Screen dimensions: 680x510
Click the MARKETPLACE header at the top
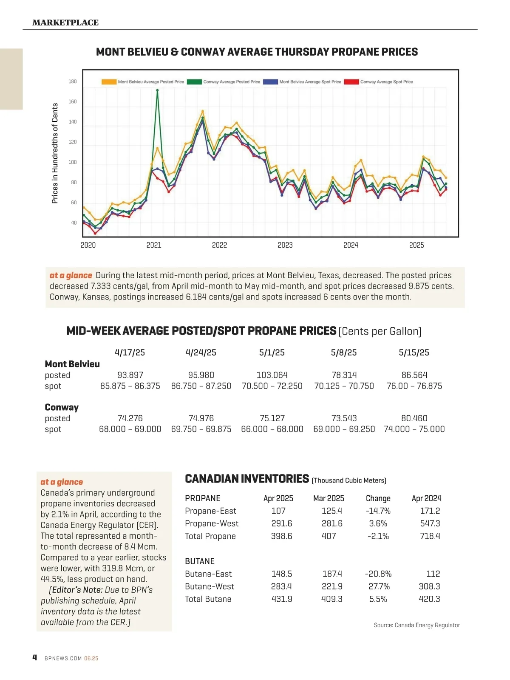(x=65, y=23)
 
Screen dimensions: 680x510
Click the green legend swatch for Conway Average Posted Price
(x=194, y=82)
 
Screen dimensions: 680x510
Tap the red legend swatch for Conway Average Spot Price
(x=351, y=82)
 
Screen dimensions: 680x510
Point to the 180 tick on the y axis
(x=73, y=82)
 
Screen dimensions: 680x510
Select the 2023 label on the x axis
(x=285, y=245)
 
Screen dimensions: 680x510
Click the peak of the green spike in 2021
(x=158, y=90)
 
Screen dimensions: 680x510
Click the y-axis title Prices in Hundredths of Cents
(x=55, y=153)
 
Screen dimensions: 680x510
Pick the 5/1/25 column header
(x=272, y=353)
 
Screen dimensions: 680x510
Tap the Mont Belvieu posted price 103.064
(x=272, y=375)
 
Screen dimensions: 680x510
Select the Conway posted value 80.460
(x=414, y=418)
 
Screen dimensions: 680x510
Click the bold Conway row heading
(x=62, y=407)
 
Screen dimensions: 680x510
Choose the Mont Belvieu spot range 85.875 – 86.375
(x=130, y=386)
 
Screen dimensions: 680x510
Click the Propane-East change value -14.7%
(x=378, y=511)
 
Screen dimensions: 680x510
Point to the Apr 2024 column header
(x=427, y=498)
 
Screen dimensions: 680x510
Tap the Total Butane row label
(x=208, y=599)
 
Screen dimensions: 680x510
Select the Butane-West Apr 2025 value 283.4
(x=281, y=586)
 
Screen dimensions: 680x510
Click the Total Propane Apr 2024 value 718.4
(x=430, y=536)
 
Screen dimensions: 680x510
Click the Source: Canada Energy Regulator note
(x=416, y=625)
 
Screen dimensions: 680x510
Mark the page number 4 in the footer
(x=35, y=657)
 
